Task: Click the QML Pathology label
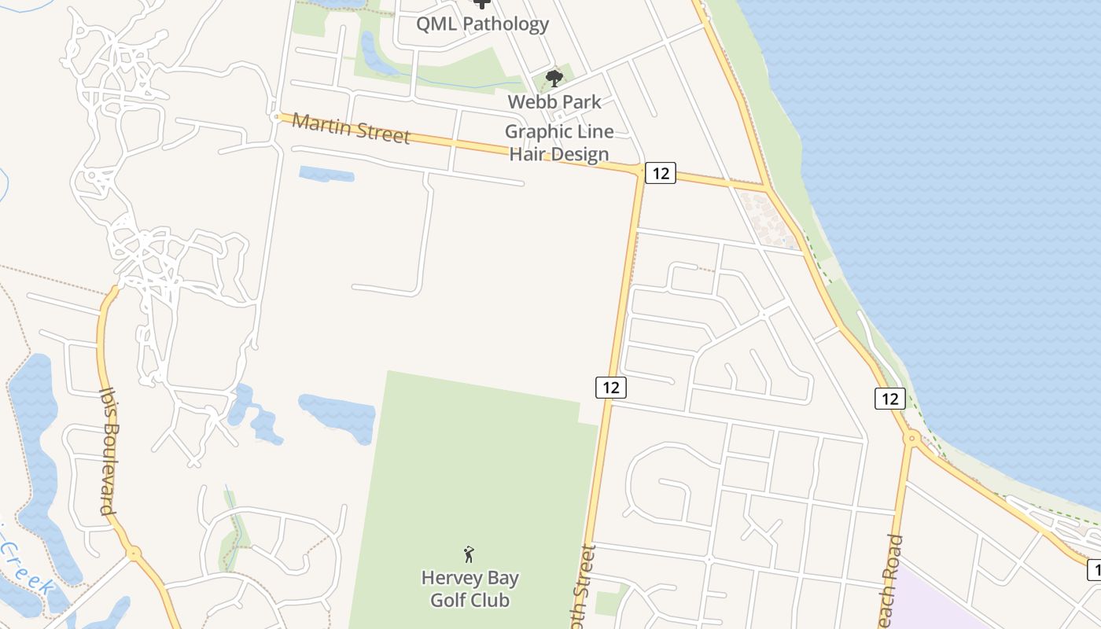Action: [482, 24]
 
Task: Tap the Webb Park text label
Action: [554, 101]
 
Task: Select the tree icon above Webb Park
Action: [554, 77]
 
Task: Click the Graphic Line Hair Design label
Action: [559, 142]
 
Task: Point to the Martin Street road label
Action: [351, 128]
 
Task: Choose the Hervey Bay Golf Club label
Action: [469, 589]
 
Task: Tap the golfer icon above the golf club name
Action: [469, 554]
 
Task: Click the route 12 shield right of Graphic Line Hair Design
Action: [661, 173]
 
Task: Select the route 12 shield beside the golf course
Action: [610, 387]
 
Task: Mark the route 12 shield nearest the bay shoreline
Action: [889, 398]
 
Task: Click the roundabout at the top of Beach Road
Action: [912, 438]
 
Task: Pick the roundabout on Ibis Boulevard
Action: [134, 554]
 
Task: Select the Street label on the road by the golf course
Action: [587, 586]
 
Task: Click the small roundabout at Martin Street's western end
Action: [276, 116]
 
